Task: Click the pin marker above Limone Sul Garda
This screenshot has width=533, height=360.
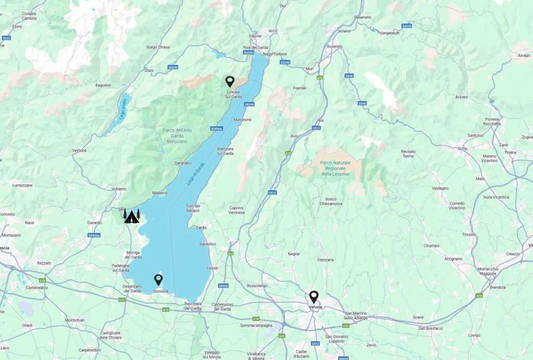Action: (230, 81)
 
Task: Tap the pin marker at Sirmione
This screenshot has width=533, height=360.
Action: (159, 280)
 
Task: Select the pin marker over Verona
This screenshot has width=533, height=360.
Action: (313, 296)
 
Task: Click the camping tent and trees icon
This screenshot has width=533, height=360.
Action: (132, 216)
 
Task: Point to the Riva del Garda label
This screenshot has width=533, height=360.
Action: (255, 47)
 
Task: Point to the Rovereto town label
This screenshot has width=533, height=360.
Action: (335, 46)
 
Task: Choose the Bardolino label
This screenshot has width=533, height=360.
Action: (208, 244)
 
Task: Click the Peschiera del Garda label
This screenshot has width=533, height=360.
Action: (193, 306)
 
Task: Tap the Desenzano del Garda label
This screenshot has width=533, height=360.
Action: (132, 289)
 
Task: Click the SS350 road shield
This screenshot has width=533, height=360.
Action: (407, 26)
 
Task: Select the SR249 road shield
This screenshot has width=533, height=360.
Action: (249, 105)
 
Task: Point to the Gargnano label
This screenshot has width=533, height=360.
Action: (183, 163)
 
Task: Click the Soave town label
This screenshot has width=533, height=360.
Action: (418, 317)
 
